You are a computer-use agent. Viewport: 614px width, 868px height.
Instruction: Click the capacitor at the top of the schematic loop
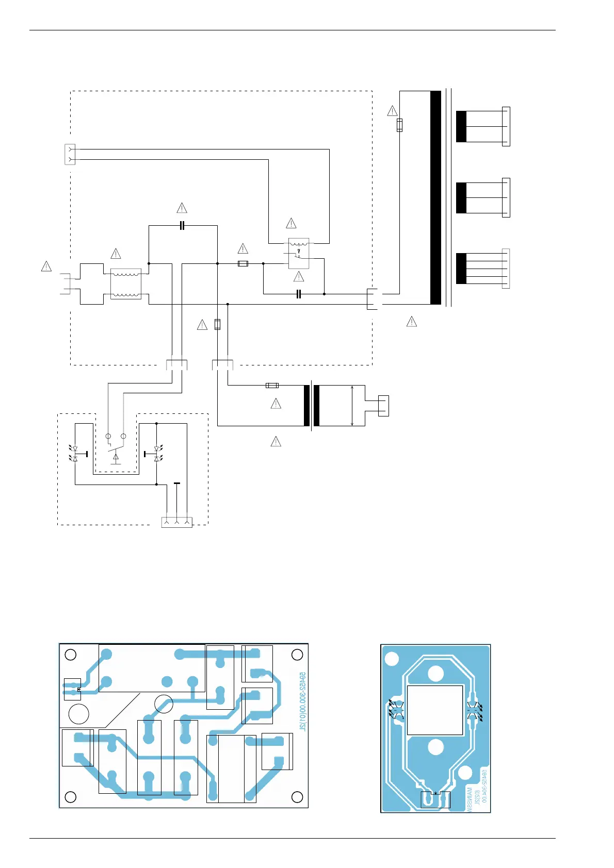[182, 225]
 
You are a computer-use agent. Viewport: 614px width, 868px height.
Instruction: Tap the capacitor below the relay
[298, 294]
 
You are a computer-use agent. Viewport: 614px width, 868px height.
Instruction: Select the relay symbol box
[299, 254]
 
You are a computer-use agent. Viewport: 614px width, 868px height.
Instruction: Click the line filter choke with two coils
[126, 284]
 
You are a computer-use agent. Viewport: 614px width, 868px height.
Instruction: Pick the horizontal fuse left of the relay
[243, 263]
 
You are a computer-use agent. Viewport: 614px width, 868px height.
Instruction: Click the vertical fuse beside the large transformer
[399, 125]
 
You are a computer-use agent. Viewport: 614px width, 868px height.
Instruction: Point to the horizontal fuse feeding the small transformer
[272, 385]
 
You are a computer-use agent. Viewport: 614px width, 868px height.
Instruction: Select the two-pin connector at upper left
[70, 155]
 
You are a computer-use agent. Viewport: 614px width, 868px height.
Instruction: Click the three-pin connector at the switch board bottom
[177, 522]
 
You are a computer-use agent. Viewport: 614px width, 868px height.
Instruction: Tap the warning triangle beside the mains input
[46, 266]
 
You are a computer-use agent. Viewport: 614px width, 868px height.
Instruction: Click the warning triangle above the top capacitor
[182, 208]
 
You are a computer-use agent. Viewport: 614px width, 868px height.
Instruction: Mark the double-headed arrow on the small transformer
[352, 406]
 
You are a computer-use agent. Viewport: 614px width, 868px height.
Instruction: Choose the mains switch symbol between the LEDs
[116, 448]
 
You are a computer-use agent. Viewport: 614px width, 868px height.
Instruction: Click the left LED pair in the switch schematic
[75, 454]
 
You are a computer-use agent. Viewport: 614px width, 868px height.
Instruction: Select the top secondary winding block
[461, 126]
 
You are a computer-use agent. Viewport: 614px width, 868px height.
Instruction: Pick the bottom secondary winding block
[461, 269]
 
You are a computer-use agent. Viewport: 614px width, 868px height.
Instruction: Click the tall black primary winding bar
[435, 197]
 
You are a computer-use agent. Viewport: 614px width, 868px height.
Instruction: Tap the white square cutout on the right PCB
[435, 710]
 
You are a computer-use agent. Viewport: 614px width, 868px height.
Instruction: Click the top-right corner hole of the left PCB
[297, 655]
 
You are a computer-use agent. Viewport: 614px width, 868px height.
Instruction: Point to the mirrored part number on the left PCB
[303, 701]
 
